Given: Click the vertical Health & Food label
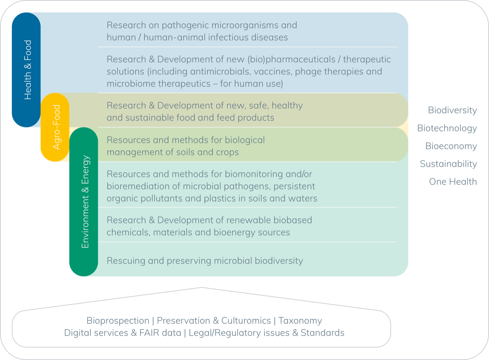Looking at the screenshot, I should (28, 70).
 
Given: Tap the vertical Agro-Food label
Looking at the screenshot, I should (56, 127).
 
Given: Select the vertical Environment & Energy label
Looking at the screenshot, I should (85, 202).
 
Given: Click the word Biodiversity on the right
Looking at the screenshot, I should (452, 110).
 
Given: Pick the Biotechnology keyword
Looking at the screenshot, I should (447, 128).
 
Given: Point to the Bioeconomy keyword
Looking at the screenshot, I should (451, 146).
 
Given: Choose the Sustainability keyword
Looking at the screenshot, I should (448, 164).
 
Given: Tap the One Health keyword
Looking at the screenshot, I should (453, 182).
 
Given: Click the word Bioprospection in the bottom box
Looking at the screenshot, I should (118, 321).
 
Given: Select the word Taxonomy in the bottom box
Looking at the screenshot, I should (300, 321).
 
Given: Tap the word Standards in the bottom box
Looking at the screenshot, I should (322, 333).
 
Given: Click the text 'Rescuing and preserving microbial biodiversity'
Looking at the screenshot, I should (205, 261).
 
